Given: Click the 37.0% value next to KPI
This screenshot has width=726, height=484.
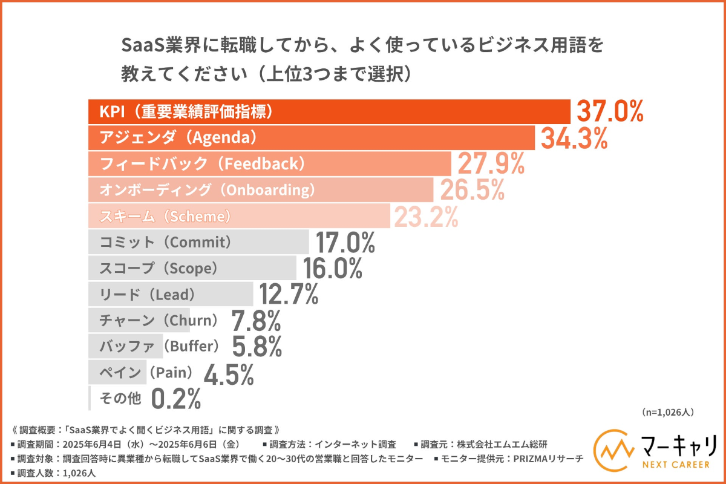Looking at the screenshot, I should click(609, 112).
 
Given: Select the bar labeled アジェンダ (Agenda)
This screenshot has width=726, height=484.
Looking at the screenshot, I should click(311, 137).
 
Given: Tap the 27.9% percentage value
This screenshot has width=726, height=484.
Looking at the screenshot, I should click(490, 164).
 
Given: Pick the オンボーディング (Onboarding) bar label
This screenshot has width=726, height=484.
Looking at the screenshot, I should click(202, 190).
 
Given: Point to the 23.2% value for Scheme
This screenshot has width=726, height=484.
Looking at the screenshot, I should click(426, 216).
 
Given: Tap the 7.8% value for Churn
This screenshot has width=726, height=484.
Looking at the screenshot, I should click(257, 320).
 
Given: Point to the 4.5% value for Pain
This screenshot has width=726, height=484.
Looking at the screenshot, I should click(229, 373).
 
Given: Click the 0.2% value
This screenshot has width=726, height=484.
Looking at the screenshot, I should click(175, 399).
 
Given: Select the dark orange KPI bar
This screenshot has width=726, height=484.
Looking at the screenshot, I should click(329, 111).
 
